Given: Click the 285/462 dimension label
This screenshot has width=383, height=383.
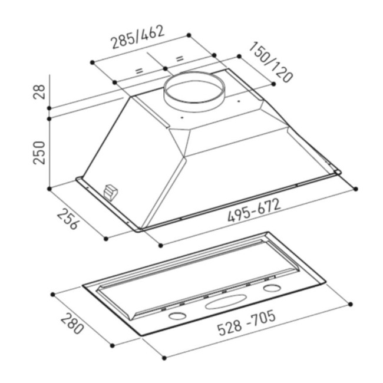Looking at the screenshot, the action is [138, 37].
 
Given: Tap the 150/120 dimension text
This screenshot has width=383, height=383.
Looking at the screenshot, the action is [270, 62].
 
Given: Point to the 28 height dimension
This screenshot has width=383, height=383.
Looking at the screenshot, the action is [39, 91].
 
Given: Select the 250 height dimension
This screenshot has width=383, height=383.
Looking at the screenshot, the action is [39, 153].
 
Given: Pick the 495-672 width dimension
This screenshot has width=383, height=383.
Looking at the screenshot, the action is [254, 210].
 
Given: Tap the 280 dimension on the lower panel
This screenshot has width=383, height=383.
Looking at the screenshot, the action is [72, 325].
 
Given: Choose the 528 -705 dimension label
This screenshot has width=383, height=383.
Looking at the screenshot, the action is [247, 322].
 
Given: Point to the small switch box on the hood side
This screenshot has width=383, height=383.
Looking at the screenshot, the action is [110, 192].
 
